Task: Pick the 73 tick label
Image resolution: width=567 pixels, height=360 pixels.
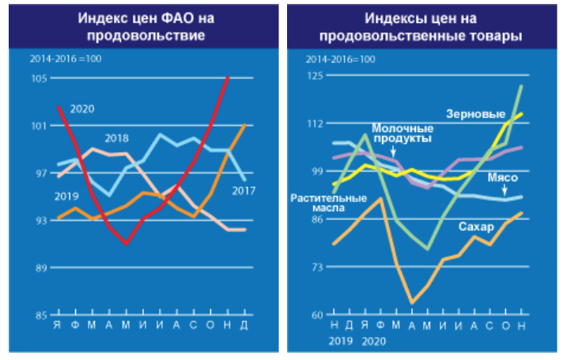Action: (316, 267)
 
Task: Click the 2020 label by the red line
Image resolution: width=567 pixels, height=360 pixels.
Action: (82, 108)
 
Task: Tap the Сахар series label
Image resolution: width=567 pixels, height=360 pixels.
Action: (475, 227)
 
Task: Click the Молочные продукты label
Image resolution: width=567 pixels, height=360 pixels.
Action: (403, 133)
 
